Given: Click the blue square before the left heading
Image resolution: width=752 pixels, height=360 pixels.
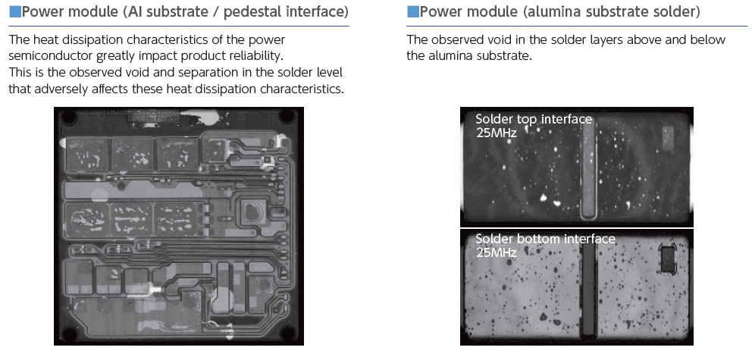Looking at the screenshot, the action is tap(15, 12).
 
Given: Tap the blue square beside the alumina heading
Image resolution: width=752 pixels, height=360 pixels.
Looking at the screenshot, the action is tap(412, 12).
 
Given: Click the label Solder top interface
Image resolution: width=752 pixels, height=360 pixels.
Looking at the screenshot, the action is tap(534, 119).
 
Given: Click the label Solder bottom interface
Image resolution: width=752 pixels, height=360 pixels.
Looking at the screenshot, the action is tap(545, 239).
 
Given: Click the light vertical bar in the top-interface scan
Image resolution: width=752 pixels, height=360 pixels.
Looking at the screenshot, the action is tap(587, 171).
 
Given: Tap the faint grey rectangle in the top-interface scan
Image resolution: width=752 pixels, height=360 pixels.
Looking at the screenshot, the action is tap(668, 137).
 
